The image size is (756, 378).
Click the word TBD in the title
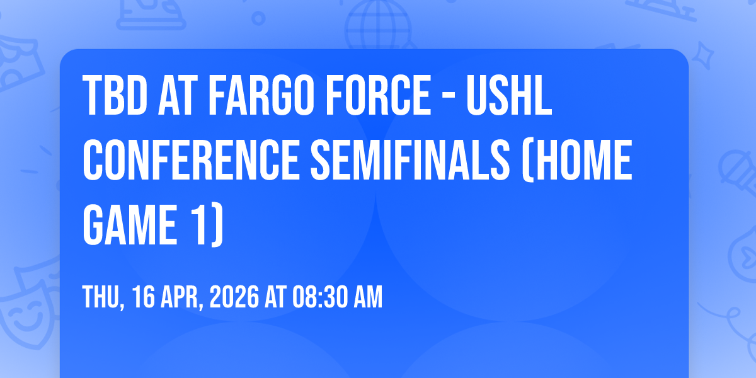115,96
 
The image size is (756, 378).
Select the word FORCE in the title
379,96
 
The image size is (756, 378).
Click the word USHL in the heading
509,96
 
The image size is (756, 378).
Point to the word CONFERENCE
191,160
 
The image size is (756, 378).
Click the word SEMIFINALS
410,160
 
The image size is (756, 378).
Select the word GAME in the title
130,224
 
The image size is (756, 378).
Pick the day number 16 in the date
144,297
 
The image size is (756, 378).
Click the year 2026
234,297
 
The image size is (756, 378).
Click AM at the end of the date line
368,297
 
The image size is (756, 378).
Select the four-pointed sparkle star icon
703,56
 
